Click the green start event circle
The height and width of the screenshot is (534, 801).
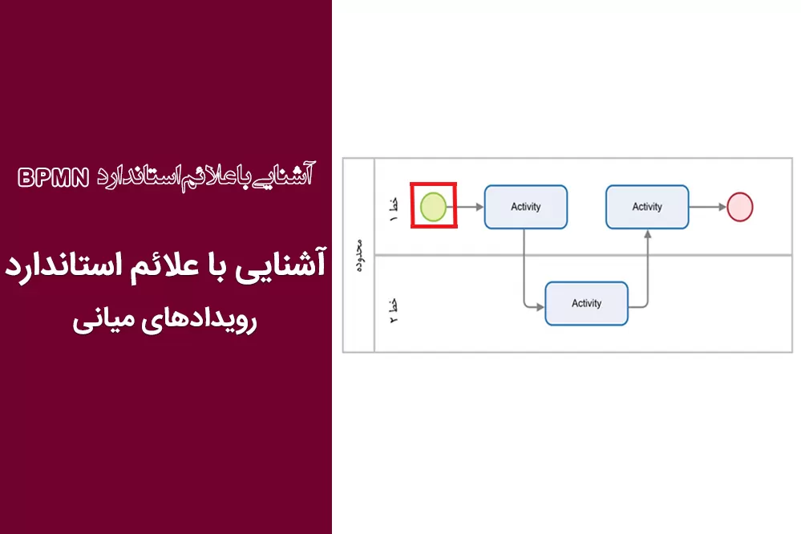[x=433, y=206]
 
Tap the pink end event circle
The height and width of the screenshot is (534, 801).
[x=740, y=207]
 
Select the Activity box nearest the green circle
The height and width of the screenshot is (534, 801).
[x=526, y=207]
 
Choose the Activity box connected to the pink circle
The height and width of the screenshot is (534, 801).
[x=647, y=207]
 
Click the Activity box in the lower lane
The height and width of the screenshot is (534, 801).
[x=586, y=304]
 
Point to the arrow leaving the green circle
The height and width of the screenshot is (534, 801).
[x=465, y=207]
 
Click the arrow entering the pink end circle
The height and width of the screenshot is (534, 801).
[x=708, y=207]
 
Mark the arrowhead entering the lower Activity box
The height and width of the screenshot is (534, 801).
[x=540, y=307]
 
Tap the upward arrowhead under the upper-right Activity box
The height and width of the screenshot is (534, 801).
[x=648, y=234]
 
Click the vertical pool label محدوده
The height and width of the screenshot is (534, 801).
[x=359, y=256]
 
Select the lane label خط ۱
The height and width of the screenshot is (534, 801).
[x=394, y=209]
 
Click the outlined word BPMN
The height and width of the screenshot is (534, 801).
[x=54, y=178]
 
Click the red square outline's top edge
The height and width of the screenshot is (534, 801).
[x=434, y=184]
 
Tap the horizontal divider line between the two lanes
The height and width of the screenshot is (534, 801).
[x=584, y=254]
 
